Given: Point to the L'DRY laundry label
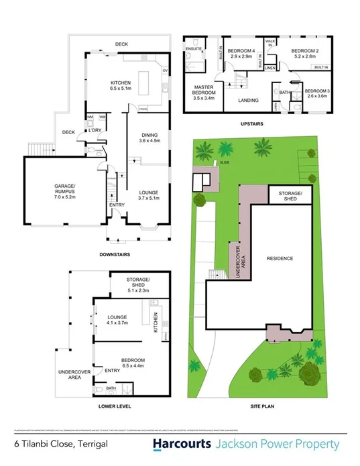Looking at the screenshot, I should (x=95, y=129).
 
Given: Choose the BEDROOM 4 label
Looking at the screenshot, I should (x=241, y=54).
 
